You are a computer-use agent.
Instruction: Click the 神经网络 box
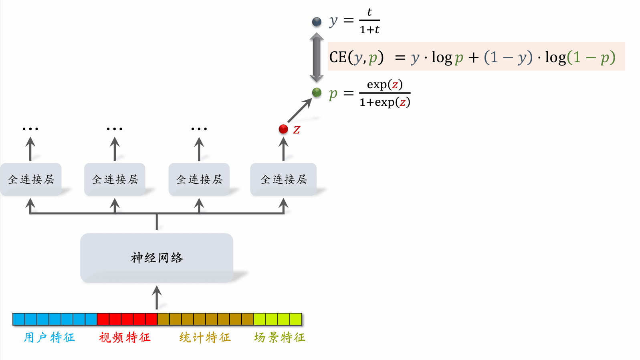pyautogui.click(x=157, y=258)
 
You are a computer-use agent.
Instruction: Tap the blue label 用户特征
pyautogui.click(x=49, y=338)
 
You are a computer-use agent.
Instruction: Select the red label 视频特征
pyautogui.click(x=125, y=338)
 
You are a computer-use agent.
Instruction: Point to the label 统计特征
pyautogui.click(x=205, y=338)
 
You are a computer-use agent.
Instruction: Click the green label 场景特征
pyautogui.click(x=280, y=338)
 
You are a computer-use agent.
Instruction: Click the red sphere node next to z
pyautogui.click(x=283, y=129)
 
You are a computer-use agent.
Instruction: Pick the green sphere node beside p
pyautogui.click(x=317, y=93)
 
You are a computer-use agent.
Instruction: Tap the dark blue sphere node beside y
pyautogui.click(x=317, y=21)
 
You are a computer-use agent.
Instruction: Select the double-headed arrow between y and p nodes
pyautogui.click(x=317, y=57)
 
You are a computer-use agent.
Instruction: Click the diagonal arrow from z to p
pyautogui.click(x=299, y=111)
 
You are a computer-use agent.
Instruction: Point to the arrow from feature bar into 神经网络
pyautogui.click(x=157, y=297)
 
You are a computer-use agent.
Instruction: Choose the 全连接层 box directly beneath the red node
pyautogui.click(x=283, y=179)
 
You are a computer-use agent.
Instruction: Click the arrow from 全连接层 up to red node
pyautogui.click(x=283, y=149)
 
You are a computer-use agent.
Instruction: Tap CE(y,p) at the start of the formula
pyautogui.click(x=356, y=57)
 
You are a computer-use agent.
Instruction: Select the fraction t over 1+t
pyautogui.click(x=369, y=21)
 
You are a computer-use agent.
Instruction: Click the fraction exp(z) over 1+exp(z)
pyautogui.click(x=385, y=93)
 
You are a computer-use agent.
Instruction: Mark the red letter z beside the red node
pyautogui.click(x=297, y=129)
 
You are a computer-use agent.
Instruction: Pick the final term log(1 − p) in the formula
pyautogui.click(x=580, y=57)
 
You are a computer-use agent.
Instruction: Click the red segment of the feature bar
pyautogui.click(x=127, y=319)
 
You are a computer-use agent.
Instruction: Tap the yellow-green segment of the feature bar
pyautogui.click(x=278, y=319)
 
